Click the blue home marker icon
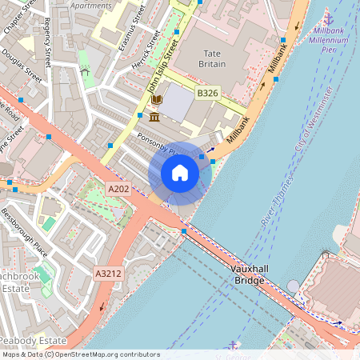pos(180,173)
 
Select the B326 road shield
pos(207,94)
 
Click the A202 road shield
pos(118,189)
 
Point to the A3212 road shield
pos(109,274)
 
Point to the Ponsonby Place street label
pos(157,142)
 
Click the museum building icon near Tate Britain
pos(153,117)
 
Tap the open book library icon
pos(157,100)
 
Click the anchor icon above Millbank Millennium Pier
pos(327,18)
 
